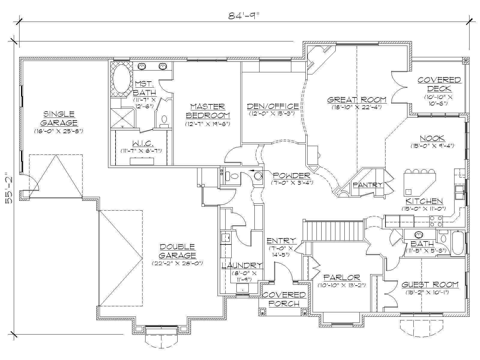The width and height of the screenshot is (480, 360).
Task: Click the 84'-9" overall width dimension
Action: click(243, 16)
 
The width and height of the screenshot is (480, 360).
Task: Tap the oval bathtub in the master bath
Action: click(121, 79)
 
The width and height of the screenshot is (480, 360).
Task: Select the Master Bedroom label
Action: click(208, 111)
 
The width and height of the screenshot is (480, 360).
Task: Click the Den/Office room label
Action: click(273, 106)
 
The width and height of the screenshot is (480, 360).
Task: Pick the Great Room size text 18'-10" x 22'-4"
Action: click(356, 107)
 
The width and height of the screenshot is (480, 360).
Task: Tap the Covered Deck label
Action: click(439, 84)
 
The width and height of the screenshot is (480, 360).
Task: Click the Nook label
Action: click(432, 138)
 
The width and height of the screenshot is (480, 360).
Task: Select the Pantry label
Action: click(367, 185)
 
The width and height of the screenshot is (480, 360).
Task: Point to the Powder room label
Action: click(291, 175)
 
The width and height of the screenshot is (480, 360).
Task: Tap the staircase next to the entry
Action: click(334, 230)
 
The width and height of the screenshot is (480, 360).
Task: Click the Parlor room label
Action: click(341, 277)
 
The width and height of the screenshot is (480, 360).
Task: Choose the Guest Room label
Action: click(430, 284)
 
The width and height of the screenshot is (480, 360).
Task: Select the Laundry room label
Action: click(242, 265)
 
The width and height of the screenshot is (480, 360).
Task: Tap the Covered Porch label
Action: click(284, 299)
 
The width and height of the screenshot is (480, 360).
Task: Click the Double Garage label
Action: click(177, 251)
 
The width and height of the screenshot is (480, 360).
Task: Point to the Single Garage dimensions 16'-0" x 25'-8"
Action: click(58, 131)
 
